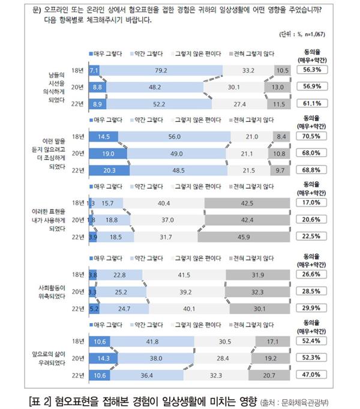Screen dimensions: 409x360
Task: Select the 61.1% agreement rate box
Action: (x=311, y=103)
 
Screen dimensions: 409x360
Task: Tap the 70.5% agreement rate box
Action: (x=311, y=136)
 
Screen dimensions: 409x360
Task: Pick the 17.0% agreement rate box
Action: (x=311, y=202)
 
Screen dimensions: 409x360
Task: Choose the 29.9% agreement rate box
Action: (x=311, y=309)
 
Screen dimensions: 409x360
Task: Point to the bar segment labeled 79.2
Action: (x=160, y=70)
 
